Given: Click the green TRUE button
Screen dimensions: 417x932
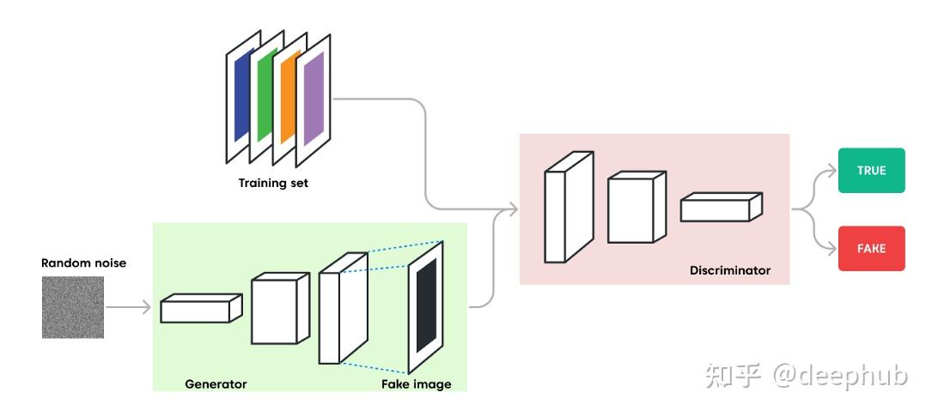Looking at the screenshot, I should [x=871, y=170].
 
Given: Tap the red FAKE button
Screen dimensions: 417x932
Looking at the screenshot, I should [x=871, y=248].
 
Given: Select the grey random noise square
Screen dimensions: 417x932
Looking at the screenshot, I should [x=73, y=306].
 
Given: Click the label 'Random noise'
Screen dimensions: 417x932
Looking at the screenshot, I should [x=83, y=263].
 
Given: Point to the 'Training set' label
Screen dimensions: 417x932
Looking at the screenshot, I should [x=273, y=183].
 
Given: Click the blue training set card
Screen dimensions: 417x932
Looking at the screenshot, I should [x=241, y=94].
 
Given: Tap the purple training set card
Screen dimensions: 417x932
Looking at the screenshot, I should [x=313, y=100].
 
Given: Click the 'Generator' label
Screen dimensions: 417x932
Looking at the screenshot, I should [x=216, y=384].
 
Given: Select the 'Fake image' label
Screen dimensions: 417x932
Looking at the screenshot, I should [x=416, y=384].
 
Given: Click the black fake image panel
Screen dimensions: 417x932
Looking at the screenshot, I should [x=427, y=305].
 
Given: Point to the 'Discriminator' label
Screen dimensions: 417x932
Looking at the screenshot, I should [x=730, y=270].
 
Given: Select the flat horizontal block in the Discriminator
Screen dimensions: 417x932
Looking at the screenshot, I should [x=720, y=208].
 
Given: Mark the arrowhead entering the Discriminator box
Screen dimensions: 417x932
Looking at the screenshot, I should [x=512, y=208].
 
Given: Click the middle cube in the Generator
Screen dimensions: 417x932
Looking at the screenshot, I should [x=277, y=310].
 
